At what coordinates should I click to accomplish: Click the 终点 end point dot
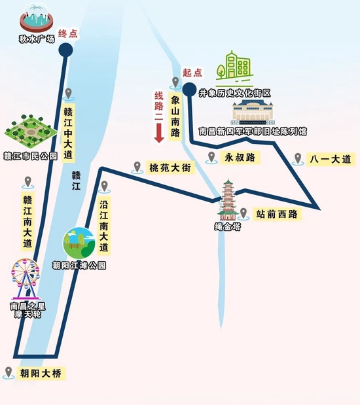(x=65, y=50)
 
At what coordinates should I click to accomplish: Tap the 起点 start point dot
(x=189, y=90)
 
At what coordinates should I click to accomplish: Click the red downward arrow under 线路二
(x=159, y=133)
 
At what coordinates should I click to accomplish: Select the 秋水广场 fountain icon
(x=37, y=18)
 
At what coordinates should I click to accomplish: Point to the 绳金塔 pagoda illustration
(x=228, y=200)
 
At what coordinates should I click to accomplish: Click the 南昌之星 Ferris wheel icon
(x=26, y=279)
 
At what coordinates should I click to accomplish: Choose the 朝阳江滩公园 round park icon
(x=79, y=243)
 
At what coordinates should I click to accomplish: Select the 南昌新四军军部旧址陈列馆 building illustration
(x=253, y=112)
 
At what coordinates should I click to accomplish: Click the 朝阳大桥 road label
(x=41, y=374)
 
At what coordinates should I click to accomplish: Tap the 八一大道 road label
(x=331, y=159)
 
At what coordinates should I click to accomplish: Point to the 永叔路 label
(x=240, y=157)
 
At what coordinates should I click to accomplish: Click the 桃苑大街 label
(x=170, y=168)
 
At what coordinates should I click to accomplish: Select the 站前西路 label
(x=277, y=214)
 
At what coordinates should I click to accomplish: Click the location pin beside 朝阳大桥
(x=9, y=373)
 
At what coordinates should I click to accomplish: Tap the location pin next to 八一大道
(x=298, y=159)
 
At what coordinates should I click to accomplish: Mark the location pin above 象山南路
(x=175, y=83)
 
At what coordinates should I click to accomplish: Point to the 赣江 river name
(x=76, y=181)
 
